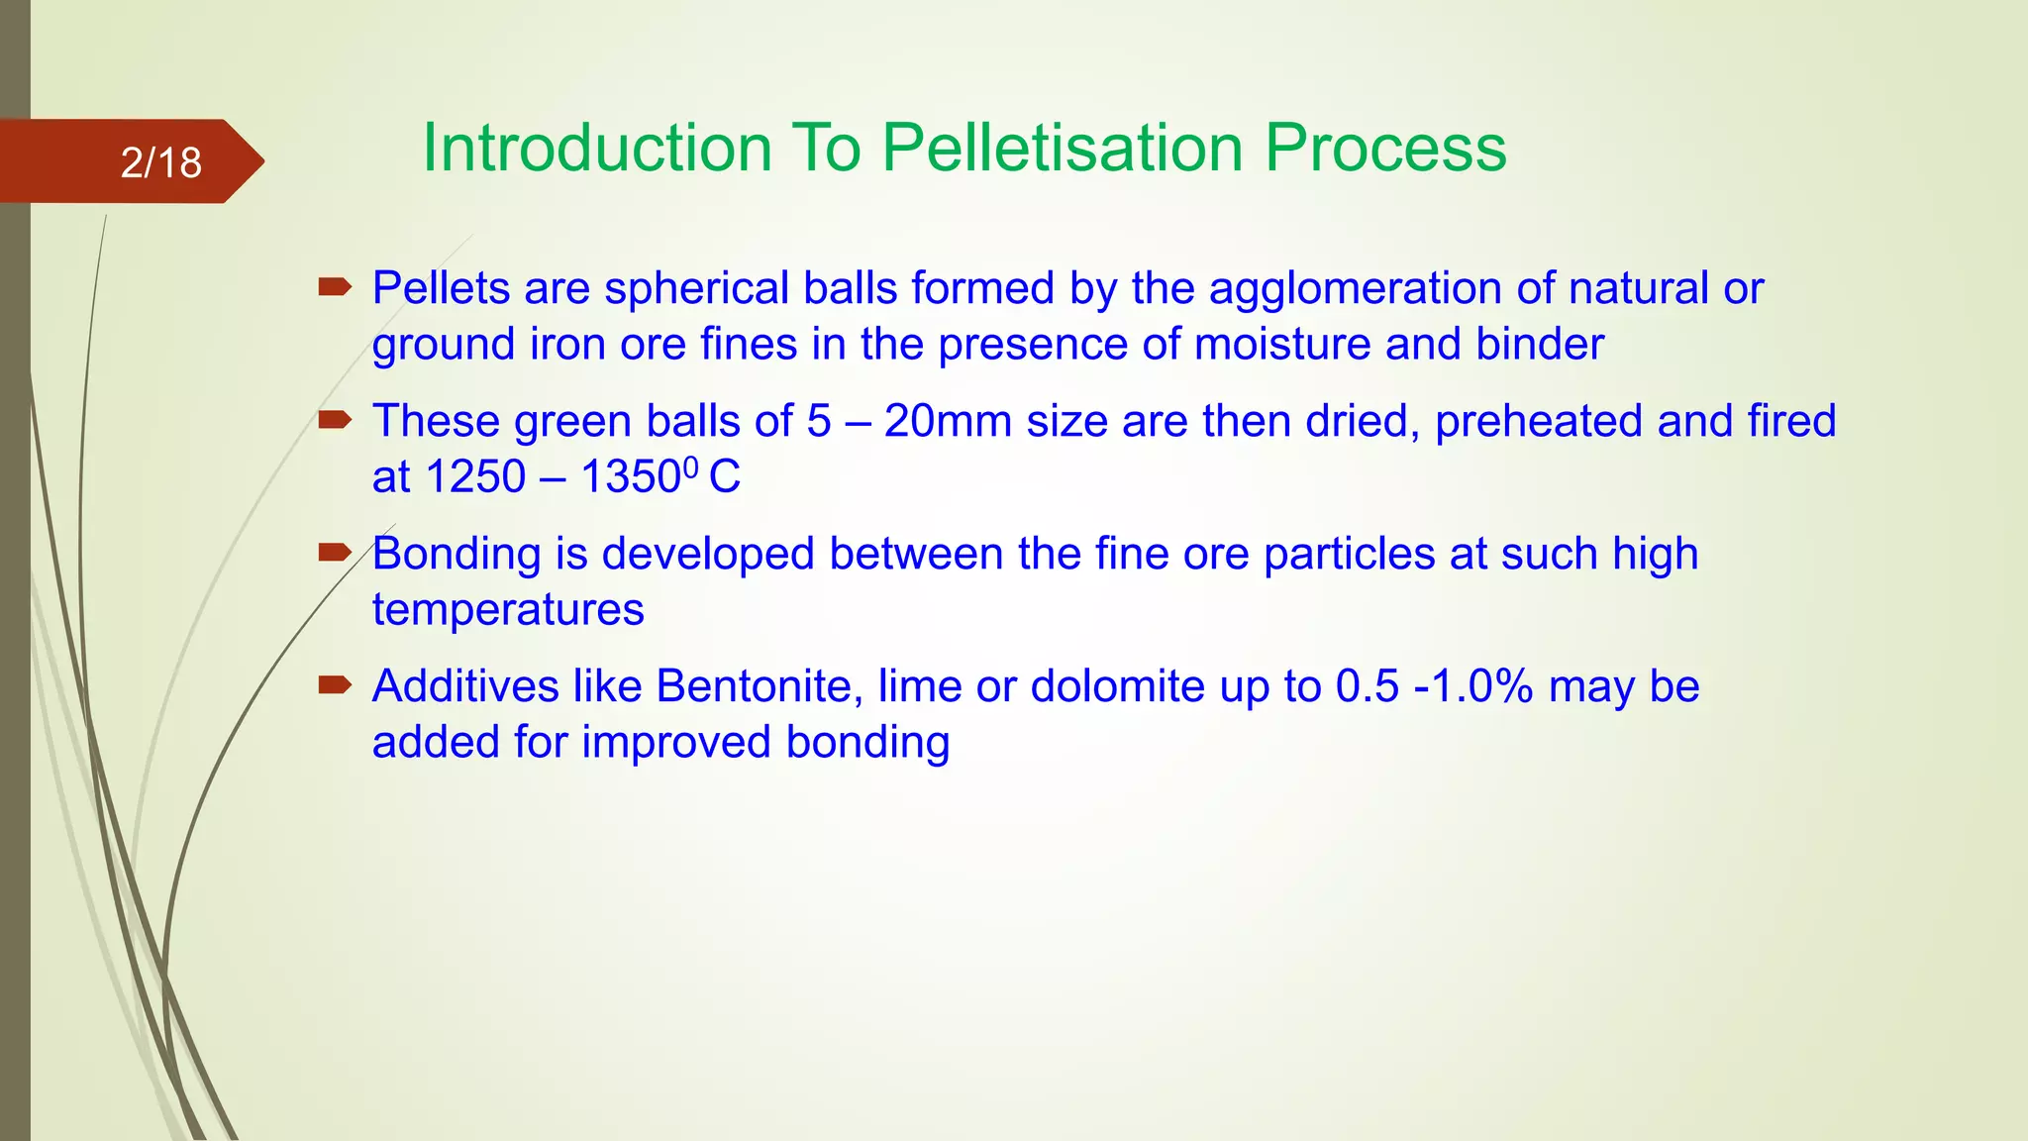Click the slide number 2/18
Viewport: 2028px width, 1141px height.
click(160, 162)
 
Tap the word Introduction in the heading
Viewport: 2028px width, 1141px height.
click(597, 149)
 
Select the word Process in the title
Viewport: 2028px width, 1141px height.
click(1385, 149)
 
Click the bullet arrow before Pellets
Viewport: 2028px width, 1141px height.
click(335, 288)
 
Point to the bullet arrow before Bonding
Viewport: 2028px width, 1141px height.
click(335, 553)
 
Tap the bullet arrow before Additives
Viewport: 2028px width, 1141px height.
click(335, 685)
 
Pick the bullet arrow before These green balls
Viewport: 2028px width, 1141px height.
click(335, 421)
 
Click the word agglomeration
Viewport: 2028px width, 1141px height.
click(1355, 289)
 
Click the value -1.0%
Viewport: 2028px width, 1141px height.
click(1473, 686)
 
